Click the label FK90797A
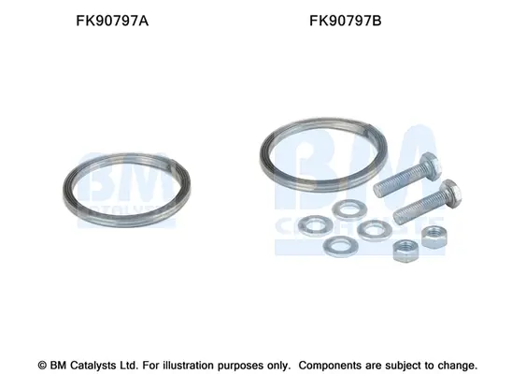click(x=112, y=21)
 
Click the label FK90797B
click(x=346, y=21)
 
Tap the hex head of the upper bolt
click(x=431, y=165)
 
